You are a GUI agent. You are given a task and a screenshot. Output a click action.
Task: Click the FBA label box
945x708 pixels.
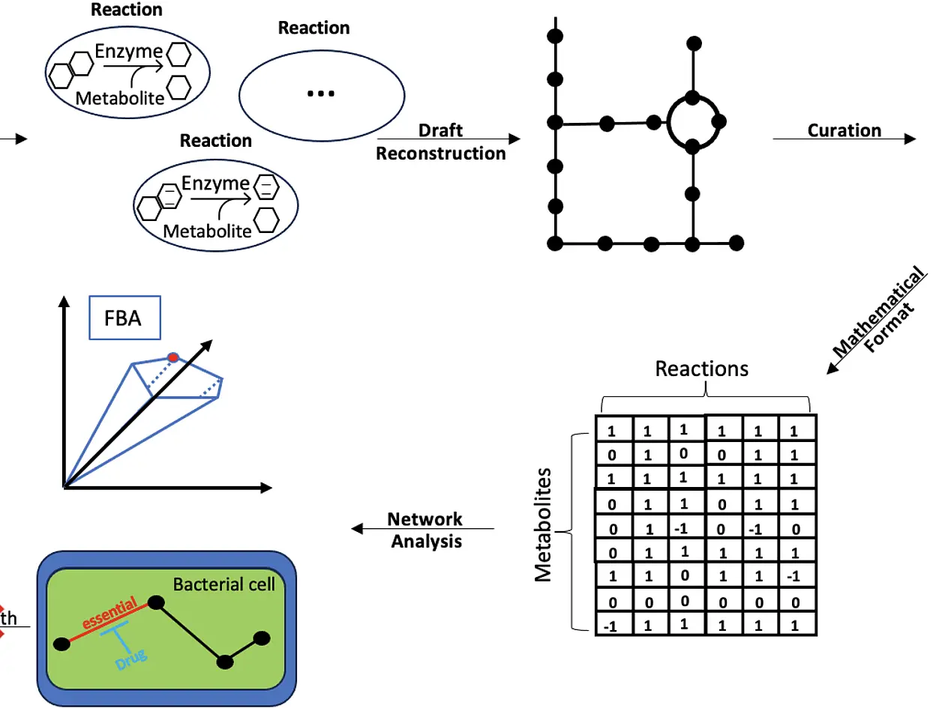[x=124, y=318]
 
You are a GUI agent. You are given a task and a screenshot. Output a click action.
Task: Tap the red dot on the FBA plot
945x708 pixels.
[x=173, y=357]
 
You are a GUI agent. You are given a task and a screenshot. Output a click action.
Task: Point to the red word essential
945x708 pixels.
[x=109, y=613]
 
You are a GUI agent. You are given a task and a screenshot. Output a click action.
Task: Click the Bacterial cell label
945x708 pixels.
[x=223, y=584]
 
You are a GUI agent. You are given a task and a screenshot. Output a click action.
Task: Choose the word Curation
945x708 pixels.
[x=844, y=130]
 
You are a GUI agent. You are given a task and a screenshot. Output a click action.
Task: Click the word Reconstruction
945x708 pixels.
[x=441, y=154]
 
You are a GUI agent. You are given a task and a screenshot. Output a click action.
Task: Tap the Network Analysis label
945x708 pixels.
[x=426, y=530]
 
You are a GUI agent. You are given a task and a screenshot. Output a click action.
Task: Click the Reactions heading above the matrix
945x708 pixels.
[x=702, y=369]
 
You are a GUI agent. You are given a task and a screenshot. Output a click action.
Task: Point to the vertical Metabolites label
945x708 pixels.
[x=543, y=525]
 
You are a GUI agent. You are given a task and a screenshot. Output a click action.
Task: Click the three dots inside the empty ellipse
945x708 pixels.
[x=321, y=94]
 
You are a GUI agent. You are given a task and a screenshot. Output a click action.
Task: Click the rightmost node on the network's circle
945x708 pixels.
[x=719, y=121]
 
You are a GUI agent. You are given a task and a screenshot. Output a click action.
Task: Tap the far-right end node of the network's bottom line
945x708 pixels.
[x=736, y=243]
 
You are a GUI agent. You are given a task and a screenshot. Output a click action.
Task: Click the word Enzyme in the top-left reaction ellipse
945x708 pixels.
[x=129, y=52]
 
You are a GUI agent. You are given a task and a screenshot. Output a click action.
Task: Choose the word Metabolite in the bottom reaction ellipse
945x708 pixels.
[x=207, y=232]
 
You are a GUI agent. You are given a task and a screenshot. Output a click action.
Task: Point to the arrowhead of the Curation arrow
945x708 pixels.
[x=910, y=139]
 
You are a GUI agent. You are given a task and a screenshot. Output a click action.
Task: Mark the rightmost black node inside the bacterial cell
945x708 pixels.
[x=261, y=639]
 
